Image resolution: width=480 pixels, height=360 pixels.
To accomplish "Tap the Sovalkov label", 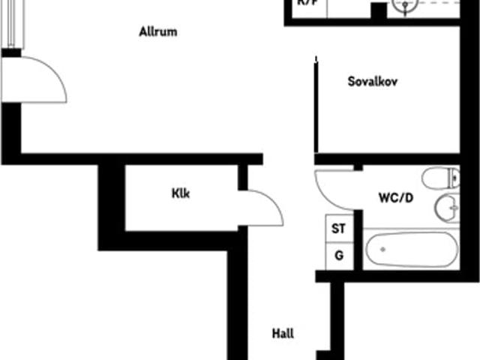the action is pos(372,81).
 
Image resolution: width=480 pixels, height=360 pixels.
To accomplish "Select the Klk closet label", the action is pos(180,193).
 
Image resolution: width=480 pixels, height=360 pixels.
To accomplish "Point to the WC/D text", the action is pos(394,199).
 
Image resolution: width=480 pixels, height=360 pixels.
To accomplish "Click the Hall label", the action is pos(283,334).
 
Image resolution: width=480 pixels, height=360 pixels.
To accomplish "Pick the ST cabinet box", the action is pos(339,229).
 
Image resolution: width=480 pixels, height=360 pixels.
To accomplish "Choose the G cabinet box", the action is pos(339,256).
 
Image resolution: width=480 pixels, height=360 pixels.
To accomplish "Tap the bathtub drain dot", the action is pos(380,249).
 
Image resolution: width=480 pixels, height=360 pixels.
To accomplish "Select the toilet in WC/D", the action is pos(439,178).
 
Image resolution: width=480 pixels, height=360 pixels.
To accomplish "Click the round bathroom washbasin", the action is pos(447,204).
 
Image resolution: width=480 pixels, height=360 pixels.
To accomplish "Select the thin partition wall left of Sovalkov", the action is pos(316,105).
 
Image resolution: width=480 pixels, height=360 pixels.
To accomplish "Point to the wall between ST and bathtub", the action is pos(358,240).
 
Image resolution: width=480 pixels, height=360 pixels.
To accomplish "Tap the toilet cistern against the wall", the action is pos(454,178).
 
